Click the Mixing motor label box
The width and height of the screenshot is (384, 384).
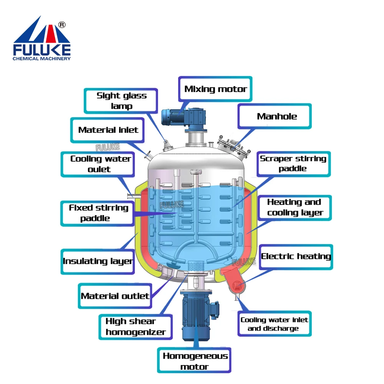pyautogui.click(x=215, y=89)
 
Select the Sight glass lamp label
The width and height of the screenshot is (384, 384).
pyautogui.click(x=121, y=101)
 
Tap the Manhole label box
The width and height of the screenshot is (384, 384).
pyautogui.click(x=277, y=116)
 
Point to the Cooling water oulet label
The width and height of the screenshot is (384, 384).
pyautogui.click(x=101, y=164)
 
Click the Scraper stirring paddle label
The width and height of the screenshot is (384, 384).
pyautogui.click(x=293, y=164)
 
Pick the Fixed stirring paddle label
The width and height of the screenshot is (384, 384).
pyautogui.click(x=99, y=213)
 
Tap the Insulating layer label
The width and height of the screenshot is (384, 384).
pyautogui.click(x=98, y=262)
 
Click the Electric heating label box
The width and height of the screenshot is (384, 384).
pyautogui.click(x=296, y=256)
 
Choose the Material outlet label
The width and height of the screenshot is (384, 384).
pyautogui.click(x=115, y=296)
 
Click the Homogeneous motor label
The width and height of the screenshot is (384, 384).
pyautogui.click(x=195, y=361)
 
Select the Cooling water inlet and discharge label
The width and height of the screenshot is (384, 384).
pyautogui.click(x=274, y=324)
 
